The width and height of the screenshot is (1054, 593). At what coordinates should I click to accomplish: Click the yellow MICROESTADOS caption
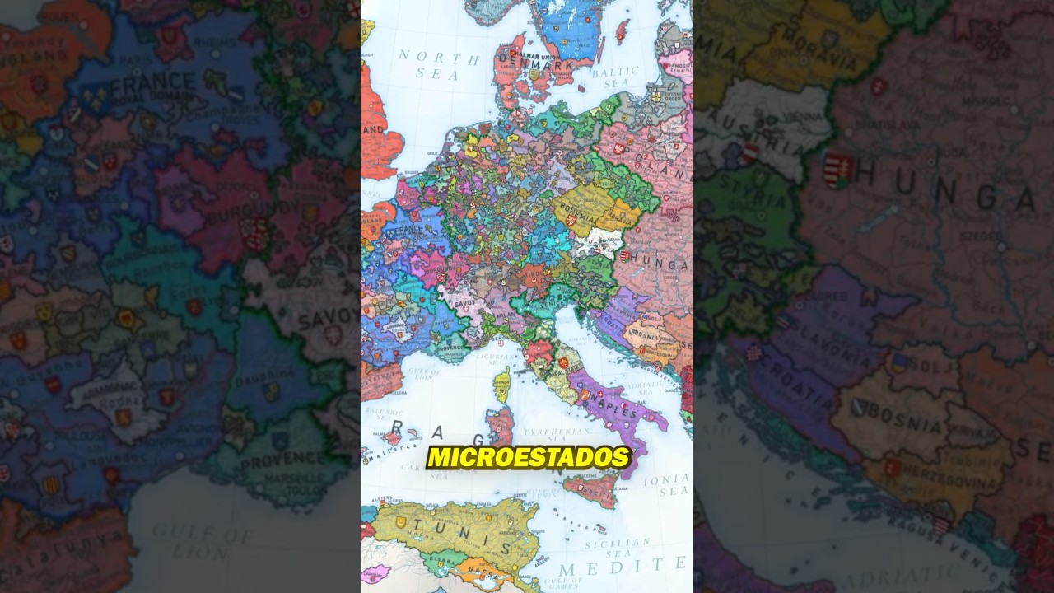(529, 457)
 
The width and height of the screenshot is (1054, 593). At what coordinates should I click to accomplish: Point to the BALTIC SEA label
(614, 77)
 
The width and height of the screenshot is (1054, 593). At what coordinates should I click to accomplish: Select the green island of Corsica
(501, 384)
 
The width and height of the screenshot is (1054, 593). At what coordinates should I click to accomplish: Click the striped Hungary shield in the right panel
(837, 170)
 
